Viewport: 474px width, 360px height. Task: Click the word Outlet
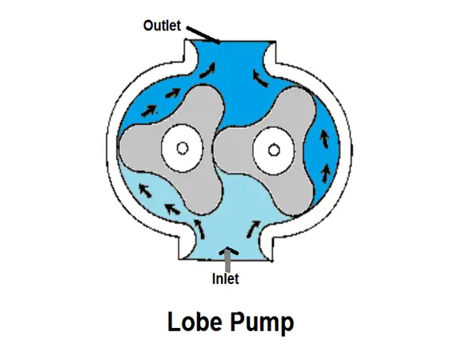pyautogui.click(x=162, y=26)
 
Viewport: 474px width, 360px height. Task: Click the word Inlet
pyautogui.click(x=226, y=278)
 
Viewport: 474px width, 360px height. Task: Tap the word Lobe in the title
pyautogui.click(x=195, y=322)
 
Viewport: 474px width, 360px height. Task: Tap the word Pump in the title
pyautogui.click(x=262, y=323)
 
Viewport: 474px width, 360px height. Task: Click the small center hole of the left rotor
pyautogui.click(x=183, y=148)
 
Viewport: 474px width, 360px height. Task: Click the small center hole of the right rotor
pyautogui.click(x=274, y=150)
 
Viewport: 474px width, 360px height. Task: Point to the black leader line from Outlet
pyautogui.click(x=203, y=34)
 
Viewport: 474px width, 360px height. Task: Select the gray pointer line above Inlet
pyautogui.click(x=228, y=262)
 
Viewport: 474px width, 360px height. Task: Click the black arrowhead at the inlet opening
pyautogui.click(x=228, y=250)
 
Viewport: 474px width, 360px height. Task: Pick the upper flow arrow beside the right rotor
pyautogui.click(x=324, y=139)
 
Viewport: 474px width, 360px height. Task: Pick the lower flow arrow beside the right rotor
pyautogui.click(x=326, y=174)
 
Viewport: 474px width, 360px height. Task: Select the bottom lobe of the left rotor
pyautogui.click(x=203, y=194)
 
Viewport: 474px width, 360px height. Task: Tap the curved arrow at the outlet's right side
pyautogui.click(x=260, y=78)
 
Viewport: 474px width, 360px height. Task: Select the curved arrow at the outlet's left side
pyautogui.click(x=208, y=71)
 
